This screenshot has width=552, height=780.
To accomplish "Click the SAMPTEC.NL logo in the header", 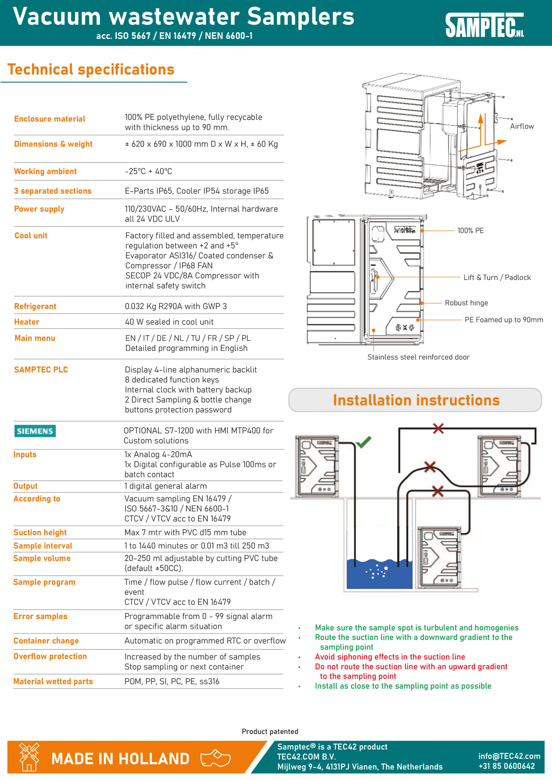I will pos(484,25).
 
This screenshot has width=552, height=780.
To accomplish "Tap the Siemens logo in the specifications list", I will pos(35,431).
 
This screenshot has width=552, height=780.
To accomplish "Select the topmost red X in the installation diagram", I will pos(438,428).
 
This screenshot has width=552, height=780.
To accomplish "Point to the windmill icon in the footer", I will pos(29,756).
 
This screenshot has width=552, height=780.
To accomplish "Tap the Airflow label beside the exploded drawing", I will pos(522,126).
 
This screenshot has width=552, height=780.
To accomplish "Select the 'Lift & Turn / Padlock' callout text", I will pos(497,278).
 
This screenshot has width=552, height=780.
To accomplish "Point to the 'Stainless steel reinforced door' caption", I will pos(418,357).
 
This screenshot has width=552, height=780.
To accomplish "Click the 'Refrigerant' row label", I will pos(35,307).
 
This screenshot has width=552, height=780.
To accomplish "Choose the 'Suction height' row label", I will pos(40,532).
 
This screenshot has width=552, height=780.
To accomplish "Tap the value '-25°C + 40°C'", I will pos(149,171).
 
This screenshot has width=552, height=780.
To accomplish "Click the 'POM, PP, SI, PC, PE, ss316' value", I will pos(172,681).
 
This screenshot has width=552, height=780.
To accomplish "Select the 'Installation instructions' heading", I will pos(416,400).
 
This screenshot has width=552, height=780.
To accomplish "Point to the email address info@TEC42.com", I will pos(509,756).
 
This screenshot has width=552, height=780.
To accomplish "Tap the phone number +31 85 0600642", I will pos(507,766).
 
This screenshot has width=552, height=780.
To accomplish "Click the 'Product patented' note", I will pos(270,732).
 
